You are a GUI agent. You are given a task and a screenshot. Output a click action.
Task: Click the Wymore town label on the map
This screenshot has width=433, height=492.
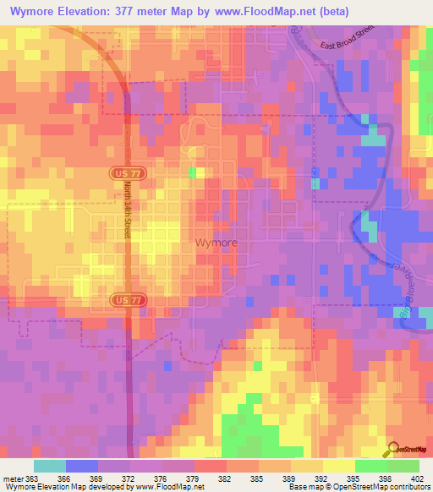coord(216,242)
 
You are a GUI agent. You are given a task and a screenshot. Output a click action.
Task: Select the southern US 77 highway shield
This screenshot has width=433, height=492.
coord(123,300)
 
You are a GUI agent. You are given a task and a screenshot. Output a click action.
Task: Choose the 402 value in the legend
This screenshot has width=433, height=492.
coord(418,478)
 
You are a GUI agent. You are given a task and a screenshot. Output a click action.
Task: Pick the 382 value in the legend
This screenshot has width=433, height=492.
coord(226,478)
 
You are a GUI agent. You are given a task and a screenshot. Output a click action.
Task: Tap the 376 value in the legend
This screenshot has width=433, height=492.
coord(162,478)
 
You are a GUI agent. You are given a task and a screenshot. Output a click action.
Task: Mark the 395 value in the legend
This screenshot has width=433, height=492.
coord(354,478)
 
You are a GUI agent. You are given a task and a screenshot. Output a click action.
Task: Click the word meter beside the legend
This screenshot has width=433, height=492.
coord(13,478)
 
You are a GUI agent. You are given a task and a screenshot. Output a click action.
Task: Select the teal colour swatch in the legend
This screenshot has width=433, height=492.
coord(50,466)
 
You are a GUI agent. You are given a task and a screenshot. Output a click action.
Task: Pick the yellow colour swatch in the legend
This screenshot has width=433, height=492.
coord(338,466)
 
